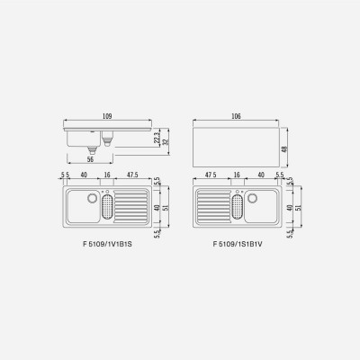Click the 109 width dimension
point(107,116)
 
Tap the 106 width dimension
point(237,116)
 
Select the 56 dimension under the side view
point(90,159)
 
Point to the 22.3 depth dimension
point(157,139)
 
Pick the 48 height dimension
point(284,148)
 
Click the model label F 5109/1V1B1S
point(107,244)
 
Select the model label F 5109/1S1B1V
point(238,244)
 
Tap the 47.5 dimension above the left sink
point(132,175)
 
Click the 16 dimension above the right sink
point(237,175)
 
